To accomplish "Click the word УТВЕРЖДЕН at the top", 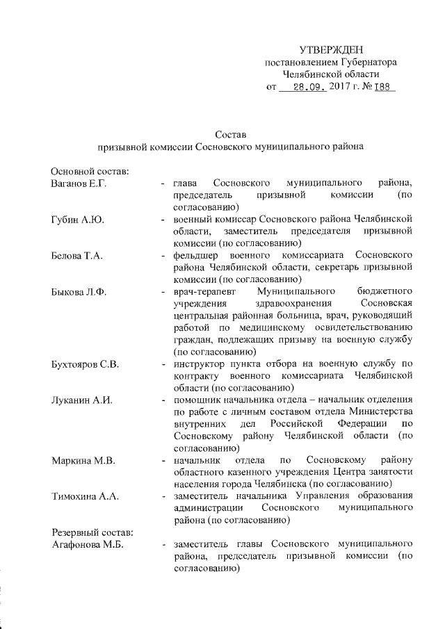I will pyautogui.click(x=332, y=49).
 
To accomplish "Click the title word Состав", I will pyautogui.click(x=230, y=133).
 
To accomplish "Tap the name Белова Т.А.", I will pyautogui.click(x=77, y=256).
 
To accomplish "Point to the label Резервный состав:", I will pyautogui.click(x=91, y=532).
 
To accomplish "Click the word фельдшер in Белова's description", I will pyautogui.click(x=197, y=256).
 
